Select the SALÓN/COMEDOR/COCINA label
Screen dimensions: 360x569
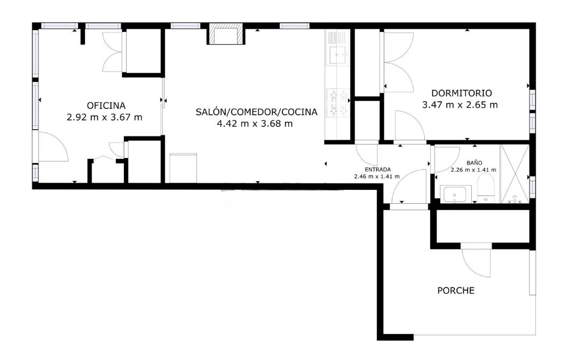256,112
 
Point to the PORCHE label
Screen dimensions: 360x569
456,291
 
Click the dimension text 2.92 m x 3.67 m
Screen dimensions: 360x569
105,117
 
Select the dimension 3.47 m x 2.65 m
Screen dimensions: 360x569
460,105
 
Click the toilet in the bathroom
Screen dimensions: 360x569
486,190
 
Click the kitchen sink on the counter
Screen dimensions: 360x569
337,54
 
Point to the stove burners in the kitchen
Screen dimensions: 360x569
337,103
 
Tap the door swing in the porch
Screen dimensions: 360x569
476,262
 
